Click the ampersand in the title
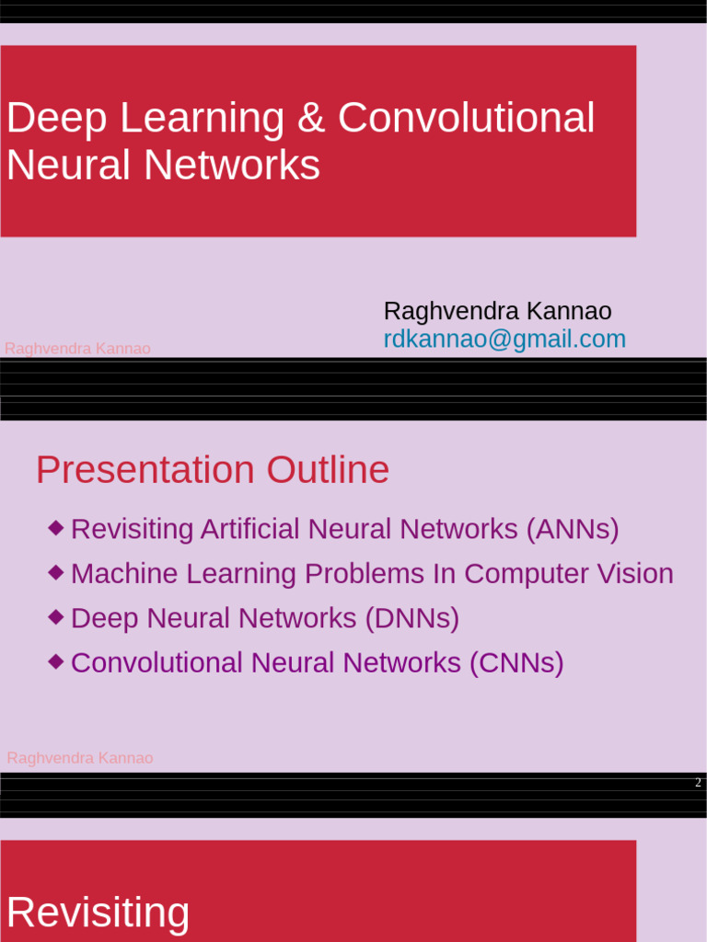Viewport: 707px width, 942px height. click(317, 119)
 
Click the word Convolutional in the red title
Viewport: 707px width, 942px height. click(466, 119)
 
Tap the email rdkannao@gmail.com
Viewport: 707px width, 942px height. click(504, 339)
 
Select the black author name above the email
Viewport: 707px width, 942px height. click(497, 312)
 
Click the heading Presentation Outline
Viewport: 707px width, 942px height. click(213, 470)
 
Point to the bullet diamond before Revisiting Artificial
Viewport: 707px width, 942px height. click(56, 528)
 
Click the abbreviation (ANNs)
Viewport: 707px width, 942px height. click(573, 530)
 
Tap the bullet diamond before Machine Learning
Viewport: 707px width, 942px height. click(56, 572)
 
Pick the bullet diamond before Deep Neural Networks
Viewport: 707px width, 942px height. click(56, 616)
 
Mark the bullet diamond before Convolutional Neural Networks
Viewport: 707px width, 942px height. click(56, 661)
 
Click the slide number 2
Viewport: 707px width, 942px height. click(698, 783)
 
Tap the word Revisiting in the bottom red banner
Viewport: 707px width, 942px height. click(99, 913)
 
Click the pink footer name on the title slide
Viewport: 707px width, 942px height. click(77, 349)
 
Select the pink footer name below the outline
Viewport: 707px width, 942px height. click(80, 758)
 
